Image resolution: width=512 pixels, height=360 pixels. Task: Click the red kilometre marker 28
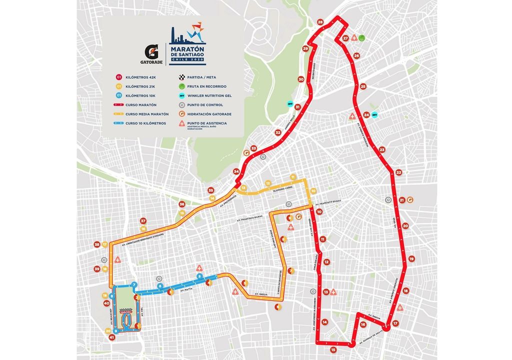(320, 22)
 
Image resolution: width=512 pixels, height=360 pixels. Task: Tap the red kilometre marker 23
(382, 149)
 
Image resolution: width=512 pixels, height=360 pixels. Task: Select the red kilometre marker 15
(333, 349)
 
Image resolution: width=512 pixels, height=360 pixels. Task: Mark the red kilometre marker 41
(111, 337)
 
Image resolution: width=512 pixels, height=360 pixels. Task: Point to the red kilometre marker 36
(182, 204)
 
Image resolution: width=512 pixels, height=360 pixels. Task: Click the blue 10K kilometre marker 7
(134, 284)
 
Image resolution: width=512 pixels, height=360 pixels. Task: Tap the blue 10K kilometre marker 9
(115, 330)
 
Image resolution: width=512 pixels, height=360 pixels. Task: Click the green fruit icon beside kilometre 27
(362, 37)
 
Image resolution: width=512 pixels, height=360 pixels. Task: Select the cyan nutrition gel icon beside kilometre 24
(374, 114)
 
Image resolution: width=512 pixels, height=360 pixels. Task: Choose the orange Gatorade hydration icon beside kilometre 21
(410, 199)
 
